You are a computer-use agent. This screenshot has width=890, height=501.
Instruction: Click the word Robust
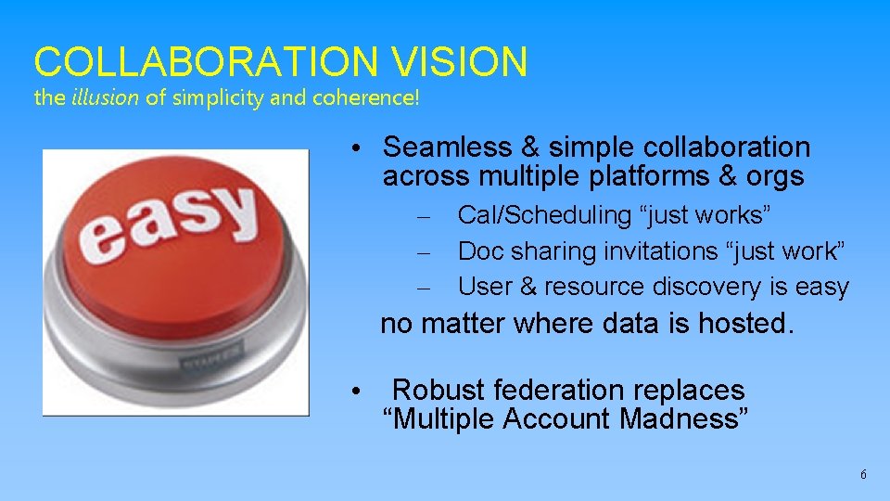[439, 390]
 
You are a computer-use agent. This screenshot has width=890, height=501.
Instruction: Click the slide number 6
[863, 474]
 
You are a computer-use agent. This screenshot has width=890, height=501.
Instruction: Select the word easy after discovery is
[821, 287]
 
